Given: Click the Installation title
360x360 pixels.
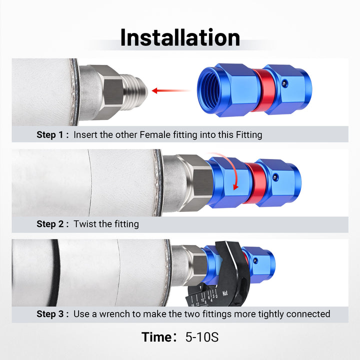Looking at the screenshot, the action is (180, 37).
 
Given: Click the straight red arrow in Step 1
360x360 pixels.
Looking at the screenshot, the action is (171, 90).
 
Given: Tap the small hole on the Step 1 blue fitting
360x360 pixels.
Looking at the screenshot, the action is (284, 83).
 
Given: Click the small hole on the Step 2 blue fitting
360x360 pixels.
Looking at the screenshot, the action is (275, 177).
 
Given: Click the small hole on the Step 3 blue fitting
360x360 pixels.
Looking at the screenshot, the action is (255, 261).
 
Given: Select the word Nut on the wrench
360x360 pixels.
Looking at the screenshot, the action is (225, 293).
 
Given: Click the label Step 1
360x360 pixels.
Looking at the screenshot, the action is (50, 135).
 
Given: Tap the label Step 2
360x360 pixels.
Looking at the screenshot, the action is (50, 224).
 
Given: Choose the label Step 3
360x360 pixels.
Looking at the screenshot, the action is (50, 314).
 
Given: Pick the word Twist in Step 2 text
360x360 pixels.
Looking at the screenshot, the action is (84, 224).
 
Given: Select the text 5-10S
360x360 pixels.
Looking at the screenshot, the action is (202, 337).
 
